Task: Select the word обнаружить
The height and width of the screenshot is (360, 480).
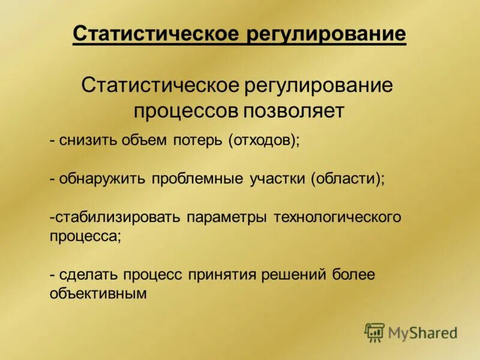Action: pos(103,179)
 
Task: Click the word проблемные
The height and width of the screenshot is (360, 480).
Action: pos(197,179)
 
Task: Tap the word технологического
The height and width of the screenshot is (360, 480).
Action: pos(337,217)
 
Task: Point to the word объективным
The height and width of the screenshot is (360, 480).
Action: pos(98,293)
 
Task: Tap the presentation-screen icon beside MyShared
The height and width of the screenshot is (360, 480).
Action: pos(374,332)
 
